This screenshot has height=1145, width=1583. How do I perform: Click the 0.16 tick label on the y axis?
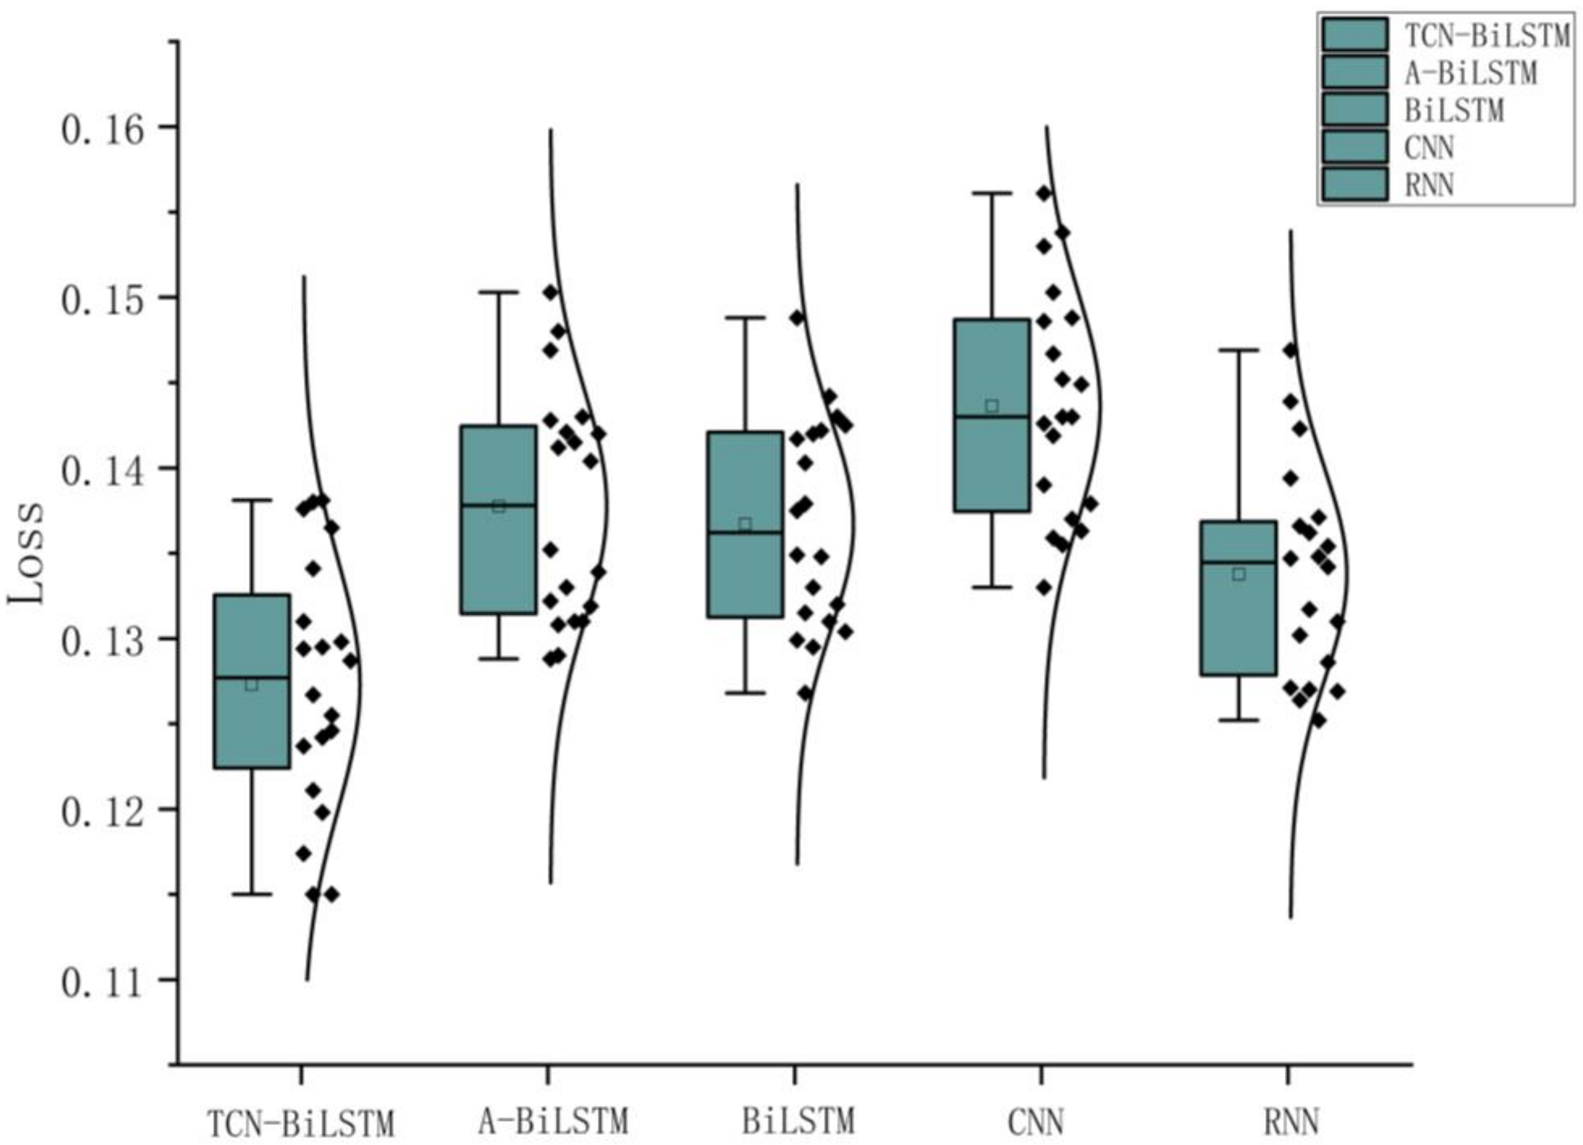coord(101,130)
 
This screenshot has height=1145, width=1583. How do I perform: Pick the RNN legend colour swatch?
coord(1354,184)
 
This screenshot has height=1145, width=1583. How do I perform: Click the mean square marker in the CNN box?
coord(992,406)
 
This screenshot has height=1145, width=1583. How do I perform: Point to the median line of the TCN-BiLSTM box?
coord(252,677)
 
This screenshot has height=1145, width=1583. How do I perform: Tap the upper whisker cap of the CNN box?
coord(992,193)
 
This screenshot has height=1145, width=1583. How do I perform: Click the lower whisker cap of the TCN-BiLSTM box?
coord(252,894)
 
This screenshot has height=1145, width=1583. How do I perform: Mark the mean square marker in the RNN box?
coord(1239,574)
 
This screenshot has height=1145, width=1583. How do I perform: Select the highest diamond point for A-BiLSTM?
coord(551,292)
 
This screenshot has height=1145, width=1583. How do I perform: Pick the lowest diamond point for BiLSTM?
coord(805,693)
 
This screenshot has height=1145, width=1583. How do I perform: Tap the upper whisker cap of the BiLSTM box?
coord(745,318)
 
